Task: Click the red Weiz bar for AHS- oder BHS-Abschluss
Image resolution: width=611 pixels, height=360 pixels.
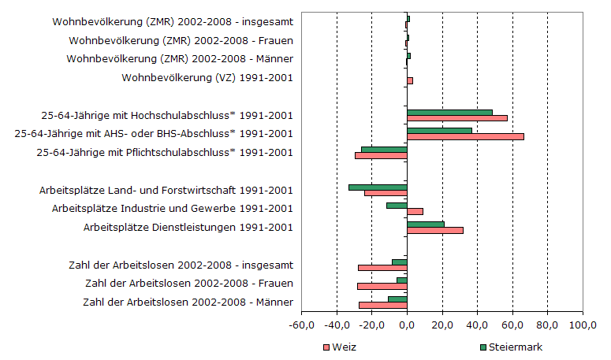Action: tap(465, 137)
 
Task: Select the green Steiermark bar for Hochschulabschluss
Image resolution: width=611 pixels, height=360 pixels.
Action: tap(449, 113)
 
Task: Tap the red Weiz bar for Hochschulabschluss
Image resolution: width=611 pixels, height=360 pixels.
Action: tap(457, 118)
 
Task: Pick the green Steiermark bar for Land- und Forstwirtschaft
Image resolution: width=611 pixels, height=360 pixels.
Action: tap(378, 187)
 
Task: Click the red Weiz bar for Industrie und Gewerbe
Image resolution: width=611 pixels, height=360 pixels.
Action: tap(415, 211)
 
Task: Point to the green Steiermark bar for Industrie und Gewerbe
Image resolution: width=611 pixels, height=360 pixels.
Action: tap(397, 206)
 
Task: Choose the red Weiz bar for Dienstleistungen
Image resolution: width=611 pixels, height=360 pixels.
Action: tap(435, 230)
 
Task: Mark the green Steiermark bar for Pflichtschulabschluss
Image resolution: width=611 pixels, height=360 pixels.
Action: tap(384, 150)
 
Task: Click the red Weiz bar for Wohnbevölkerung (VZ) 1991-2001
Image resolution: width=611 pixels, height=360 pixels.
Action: tap(410, 80)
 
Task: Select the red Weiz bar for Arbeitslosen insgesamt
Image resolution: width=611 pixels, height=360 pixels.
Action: tap(382, 268)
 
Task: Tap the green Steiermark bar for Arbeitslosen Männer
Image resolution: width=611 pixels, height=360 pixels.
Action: tap(397, 299)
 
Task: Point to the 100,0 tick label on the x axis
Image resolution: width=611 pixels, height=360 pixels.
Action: tap(583, 324)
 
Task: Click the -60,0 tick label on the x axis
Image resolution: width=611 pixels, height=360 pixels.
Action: tap(302, 324)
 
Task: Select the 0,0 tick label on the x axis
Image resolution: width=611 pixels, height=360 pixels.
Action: tap(407, 324)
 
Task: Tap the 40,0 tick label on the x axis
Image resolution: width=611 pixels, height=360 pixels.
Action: tap(477, 324)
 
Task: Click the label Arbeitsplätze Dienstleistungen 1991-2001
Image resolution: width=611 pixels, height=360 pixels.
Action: tap(188, 228)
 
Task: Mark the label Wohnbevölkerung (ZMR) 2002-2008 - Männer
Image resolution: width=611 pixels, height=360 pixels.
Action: tap(181, 59)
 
